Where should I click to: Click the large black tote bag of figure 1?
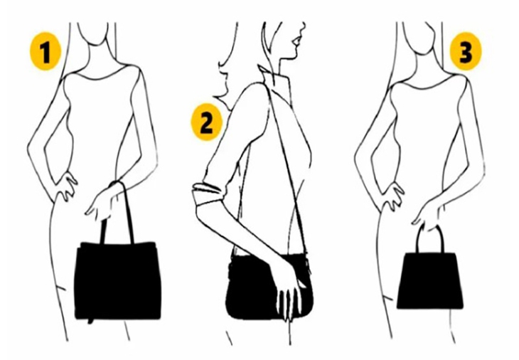[117, 280]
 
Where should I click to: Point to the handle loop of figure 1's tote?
[119, 210]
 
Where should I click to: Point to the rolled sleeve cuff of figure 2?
[207, 190]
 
